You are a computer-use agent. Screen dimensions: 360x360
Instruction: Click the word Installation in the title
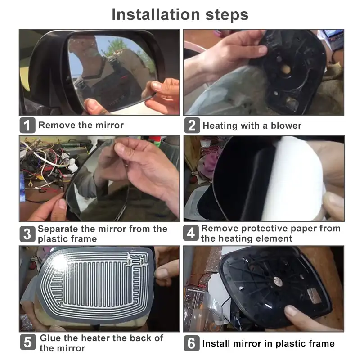(x=156, y=14)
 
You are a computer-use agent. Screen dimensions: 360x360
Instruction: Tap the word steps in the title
(x=227, y=15)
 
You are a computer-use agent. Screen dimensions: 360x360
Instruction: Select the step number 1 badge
(x=27, y=126)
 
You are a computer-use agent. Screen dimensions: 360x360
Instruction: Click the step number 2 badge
(x=192, y=126)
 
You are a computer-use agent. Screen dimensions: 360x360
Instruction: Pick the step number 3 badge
(x=27, y=234)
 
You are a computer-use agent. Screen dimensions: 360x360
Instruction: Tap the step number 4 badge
(x=191, y=233)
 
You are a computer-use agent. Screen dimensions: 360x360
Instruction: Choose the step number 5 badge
(x=28, y=342)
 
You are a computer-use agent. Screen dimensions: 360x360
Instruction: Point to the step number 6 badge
(x=192, y=343)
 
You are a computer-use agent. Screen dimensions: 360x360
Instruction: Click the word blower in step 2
(x=286, y=126)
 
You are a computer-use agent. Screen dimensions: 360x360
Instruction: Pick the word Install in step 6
(x=216, y=343)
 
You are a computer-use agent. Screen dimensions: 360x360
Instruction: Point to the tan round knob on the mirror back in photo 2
(x=286, y=69)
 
